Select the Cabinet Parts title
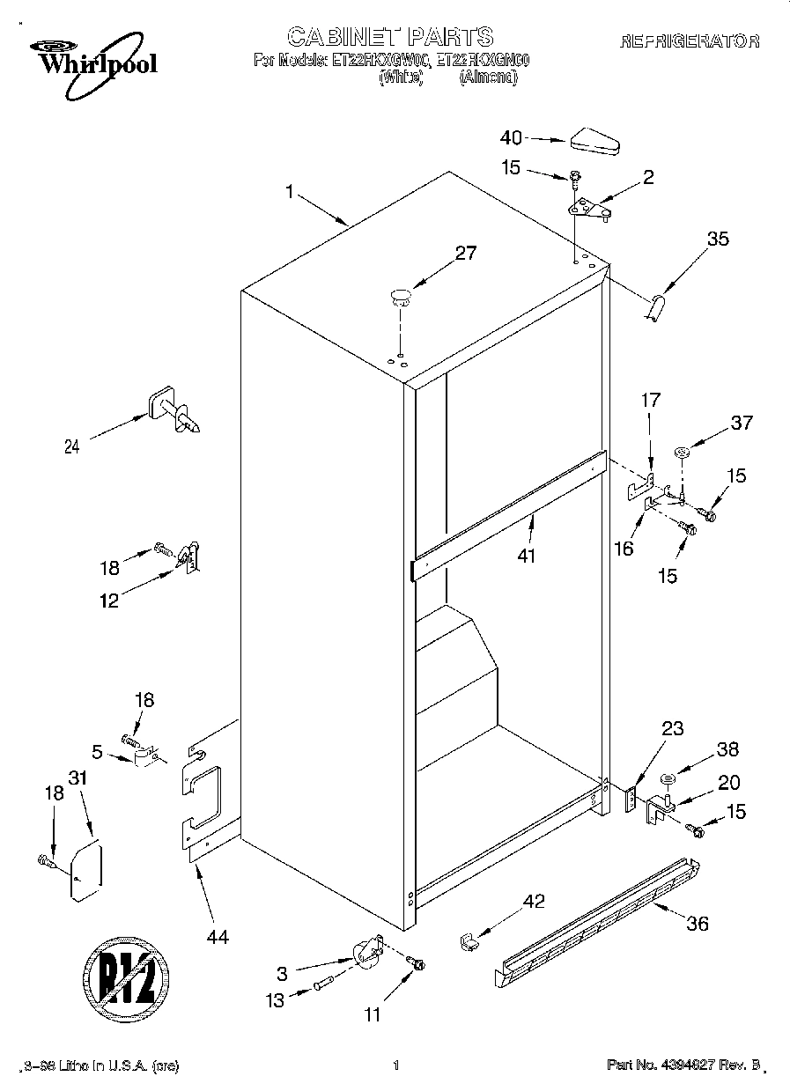(390, 36)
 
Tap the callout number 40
(511, 137)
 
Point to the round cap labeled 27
(401, 296)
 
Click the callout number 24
(72, 446)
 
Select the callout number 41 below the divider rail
(526, 556)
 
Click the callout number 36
(697, 924)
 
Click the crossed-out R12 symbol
(124, 977)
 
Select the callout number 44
(217, 938)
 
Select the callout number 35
(718, 238)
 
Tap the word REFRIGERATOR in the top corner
(690, 41)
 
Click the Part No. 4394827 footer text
(683, 1065)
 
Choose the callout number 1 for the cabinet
(291, 191)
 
